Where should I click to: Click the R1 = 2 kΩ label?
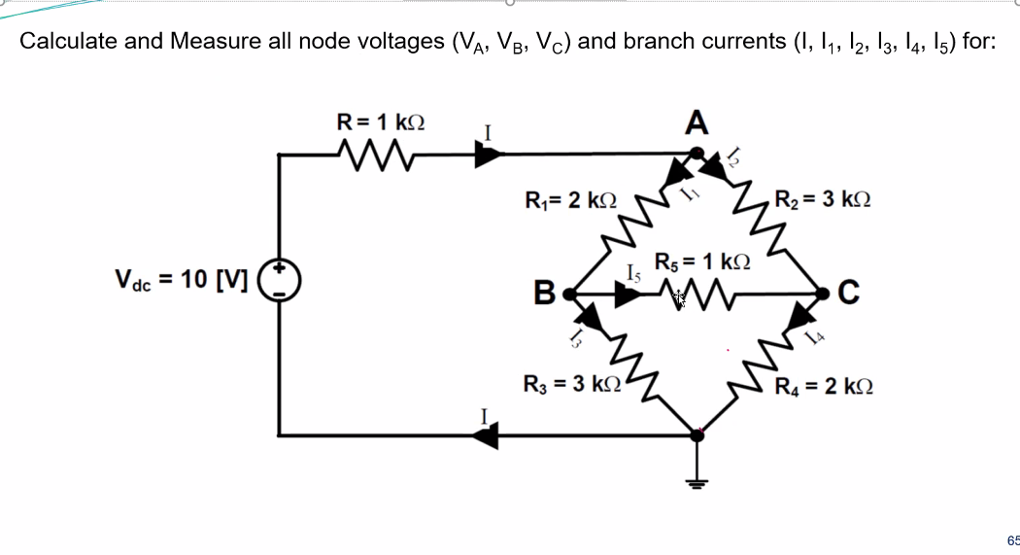click(x=570, y=200)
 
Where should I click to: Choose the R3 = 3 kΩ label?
click(x=570, y=382)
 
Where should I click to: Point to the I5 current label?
click(x=634, y=274)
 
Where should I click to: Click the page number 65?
click(x=1012, y=539)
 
